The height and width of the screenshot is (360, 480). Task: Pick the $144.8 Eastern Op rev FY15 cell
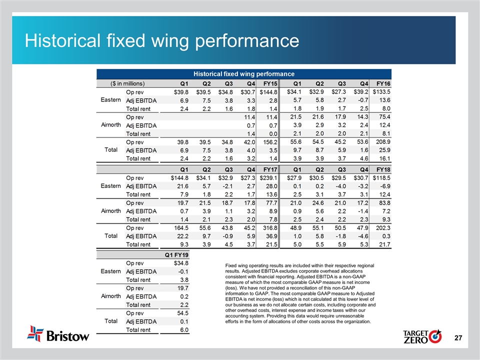[x=269, y=92]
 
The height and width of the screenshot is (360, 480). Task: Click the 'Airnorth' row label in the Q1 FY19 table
[x=110, y=296]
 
